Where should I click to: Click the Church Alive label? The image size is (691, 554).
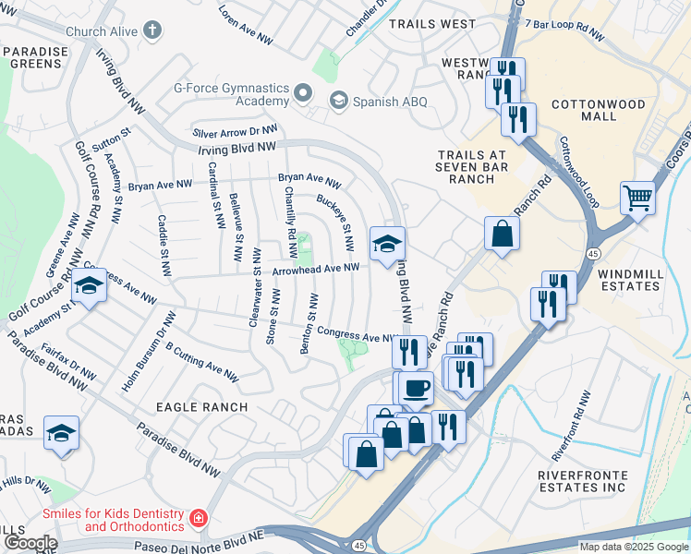(x=104, y=31)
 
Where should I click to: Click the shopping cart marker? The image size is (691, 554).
(x=638, y=197)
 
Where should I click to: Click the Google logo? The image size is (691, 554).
(x=30, y=543)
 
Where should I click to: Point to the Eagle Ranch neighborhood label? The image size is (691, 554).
(x=201, y=407)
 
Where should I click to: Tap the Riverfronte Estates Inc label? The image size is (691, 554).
(x=582, y=481)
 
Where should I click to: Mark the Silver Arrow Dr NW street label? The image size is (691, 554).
(x=236, y=132)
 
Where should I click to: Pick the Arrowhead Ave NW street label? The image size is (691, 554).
(x=315, y=270)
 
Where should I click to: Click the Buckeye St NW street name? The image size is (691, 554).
(x=335, y=223)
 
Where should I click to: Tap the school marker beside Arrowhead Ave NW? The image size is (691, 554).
(x=387, y=244)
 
